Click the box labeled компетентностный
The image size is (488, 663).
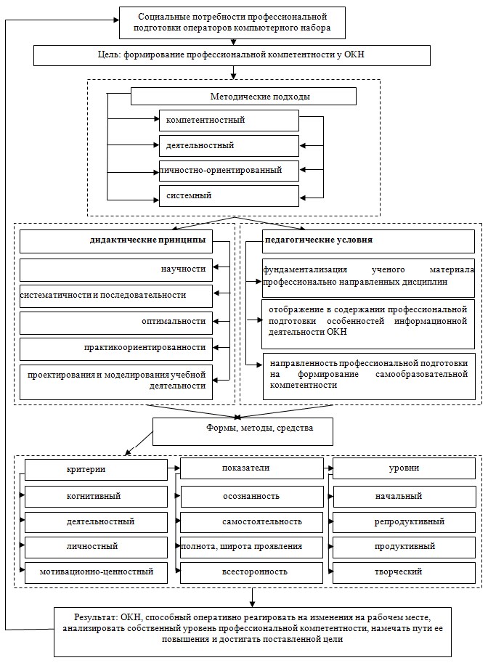[229, 121]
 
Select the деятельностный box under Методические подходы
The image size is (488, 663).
[229, 146]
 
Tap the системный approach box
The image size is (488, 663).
[229, 196]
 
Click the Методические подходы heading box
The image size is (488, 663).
[243, 97]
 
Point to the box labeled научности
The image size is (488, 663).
[116, 269]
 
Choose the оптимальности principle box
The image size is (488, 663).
[116, 322]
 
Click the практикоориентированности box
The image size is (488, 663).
[116, 349]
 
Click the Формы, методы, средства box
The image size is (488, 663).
[243, 431]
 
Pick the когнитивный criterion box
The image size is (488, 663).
[96, 497]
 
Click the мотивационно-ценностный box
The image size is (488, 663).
[96, 572]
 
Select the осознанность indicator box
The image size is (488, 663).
[252, 497]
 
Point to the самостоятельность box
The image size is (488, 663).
[252, 522]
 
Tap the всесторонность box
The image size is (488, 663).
[252, 572]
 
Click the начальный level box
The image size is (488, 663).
[404, 497]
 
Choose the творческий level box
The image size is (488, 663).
[404, 572]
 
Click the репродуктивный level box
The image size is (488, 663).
[404, 522]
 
